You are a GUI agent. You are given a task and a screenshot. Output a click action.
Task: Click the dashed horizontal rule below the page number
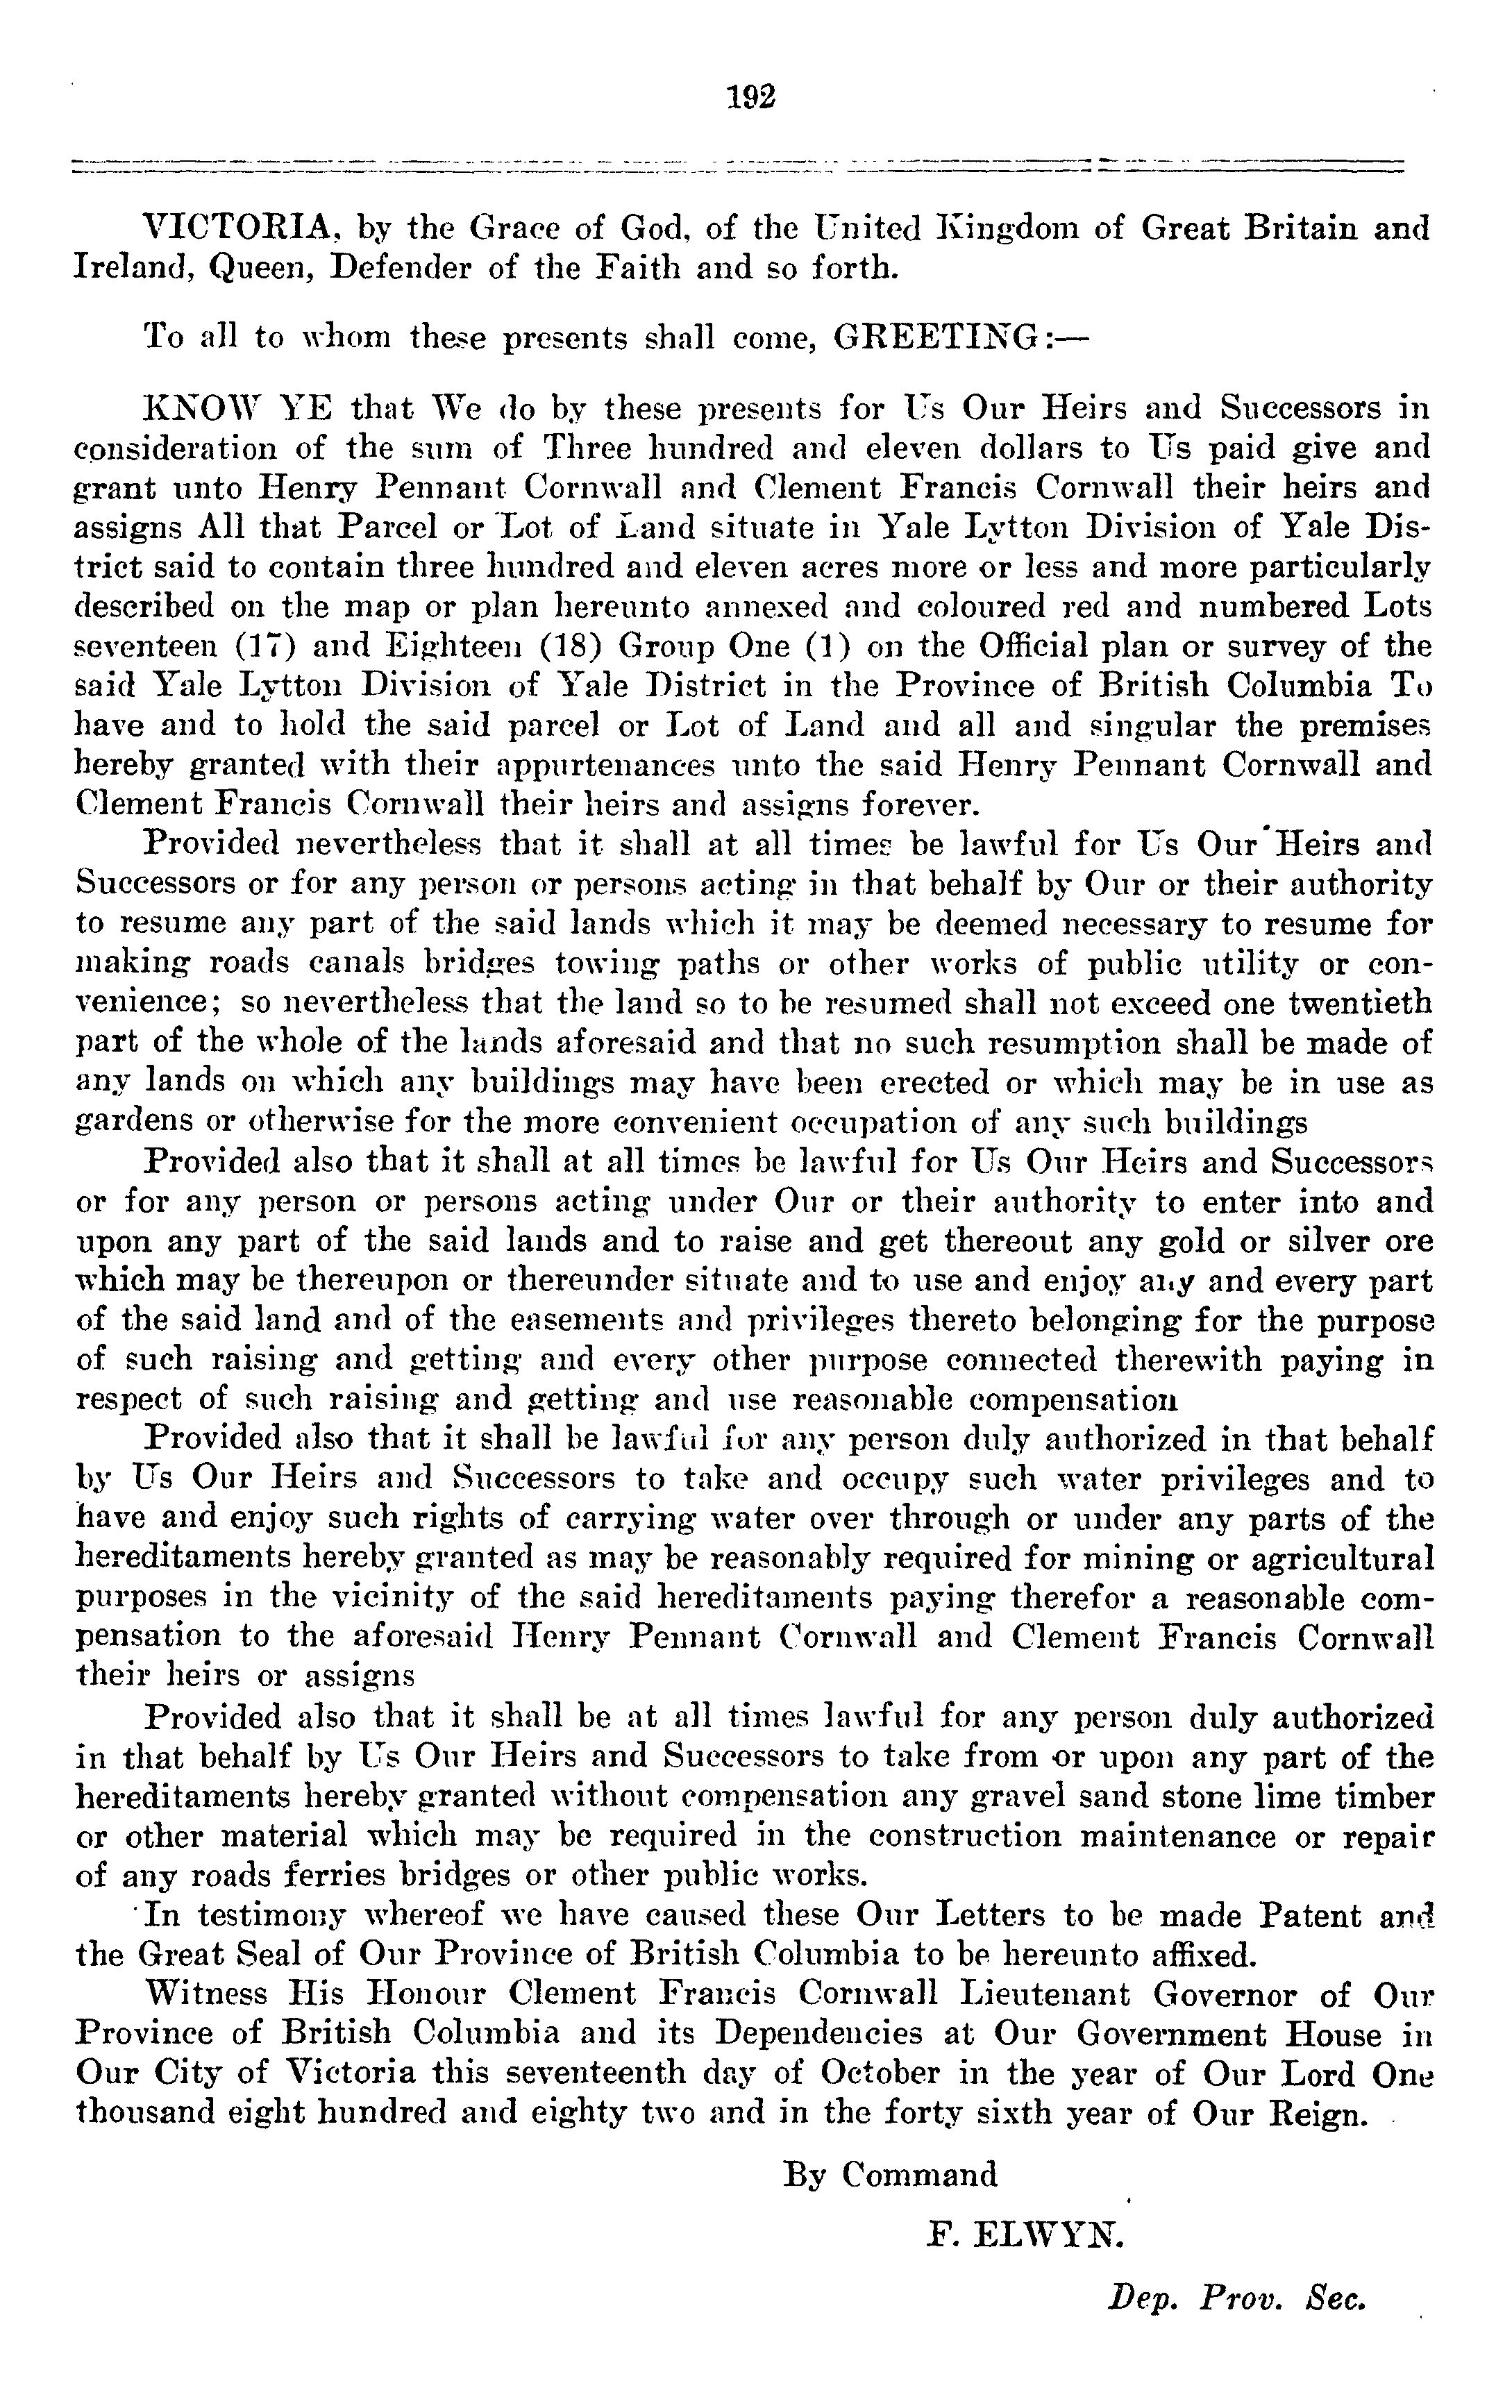coord(737,165)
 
